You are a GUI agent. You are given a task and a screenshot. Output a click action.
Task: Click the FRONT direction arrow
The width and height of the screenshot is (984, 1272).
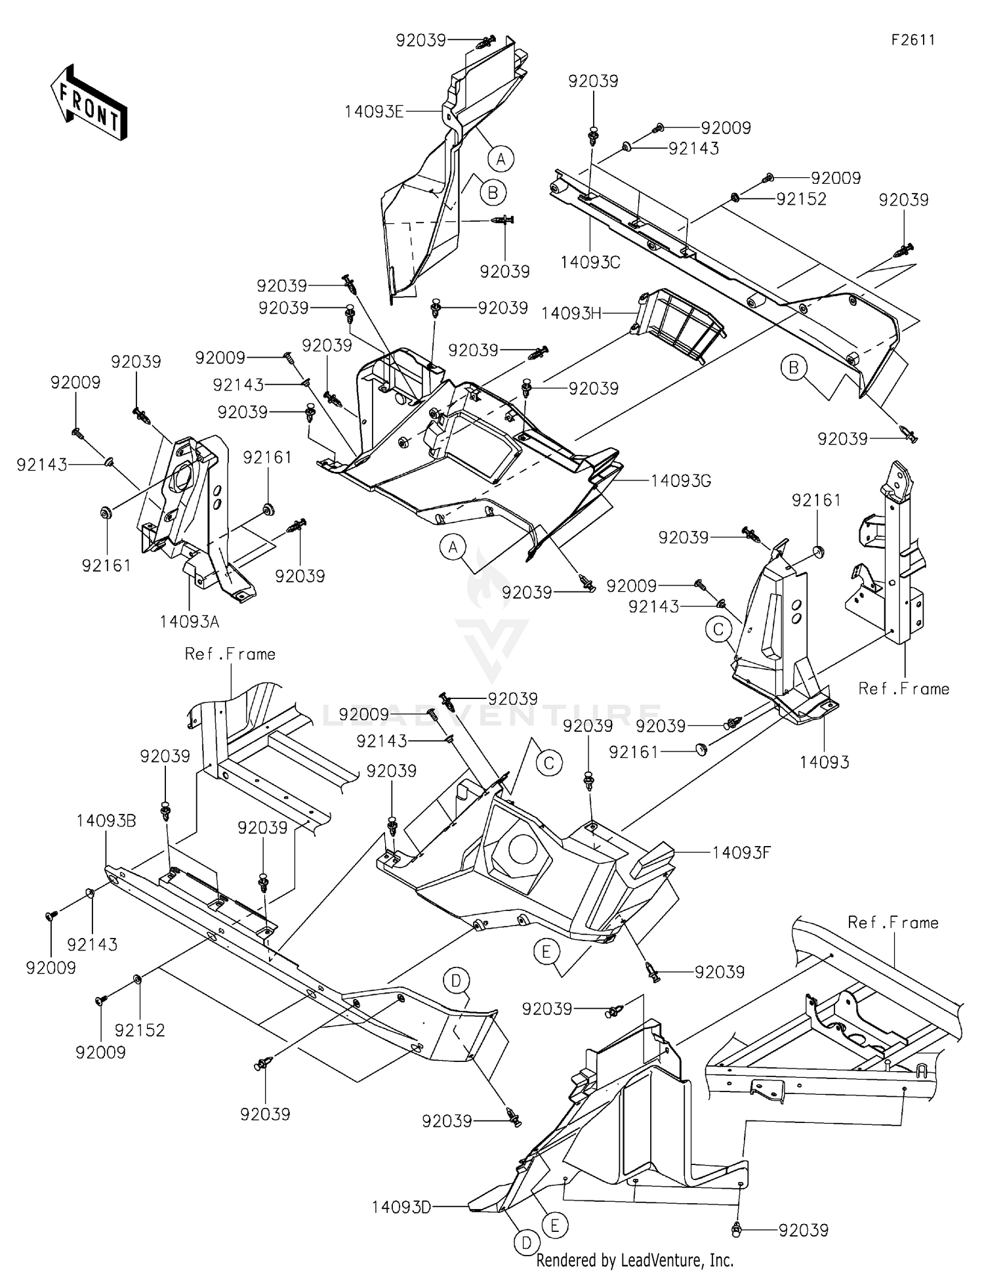click(88, 104)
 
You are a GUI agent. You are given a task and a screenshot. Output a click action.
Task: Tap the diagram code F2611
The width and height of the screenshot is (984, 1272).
click(912, 40)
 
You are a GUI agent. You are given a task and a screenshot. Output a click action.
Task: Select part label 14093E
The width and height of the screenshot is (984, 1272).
click(374, 112)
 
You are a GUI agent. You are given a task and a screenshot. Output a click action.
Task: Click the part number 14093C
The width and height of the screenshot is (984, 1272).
click(590, 263)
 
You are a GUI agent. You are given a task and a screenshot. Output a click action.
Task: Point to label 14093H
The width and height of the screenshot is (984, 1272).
click(571, 314)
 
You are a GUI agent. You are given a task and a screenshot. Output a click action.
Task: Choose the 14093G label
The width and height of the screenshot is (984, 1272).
click(681, 481)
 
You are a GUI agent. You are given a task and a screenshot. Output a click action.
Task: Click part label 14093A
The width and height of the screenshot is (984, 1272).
click(189, 621)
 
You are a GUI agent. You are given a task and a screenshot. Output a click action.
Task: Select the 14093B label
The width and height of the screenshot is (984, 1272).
click(106, 821)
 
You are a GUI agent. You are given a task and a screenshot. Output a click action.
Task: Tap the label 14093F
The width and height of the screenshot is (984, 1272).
click(741, 853)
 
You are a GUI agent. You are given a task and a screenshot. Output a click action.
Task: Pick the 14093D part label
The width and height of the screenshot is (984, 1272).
click(401, 1207)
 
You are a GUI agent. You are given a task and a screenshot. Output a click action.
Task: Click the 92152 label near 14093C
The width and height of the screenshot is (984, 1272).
click(801, 199)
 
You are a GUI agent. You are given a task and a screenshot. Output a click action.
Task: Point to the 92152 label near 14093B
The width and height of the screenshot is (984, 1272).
click(140, 1030)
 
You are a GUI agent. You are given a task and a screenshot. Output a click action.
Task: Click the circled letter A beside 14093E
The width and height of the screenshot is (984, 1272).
click(501, 159)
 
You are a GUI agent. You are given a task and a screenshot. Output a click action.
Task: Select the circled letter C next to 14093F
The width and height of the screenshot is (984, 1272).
click(549, 763)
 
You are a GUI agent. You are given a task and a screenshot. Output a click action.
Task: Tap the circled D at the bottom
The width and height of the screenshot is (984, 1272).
click(526, 1242)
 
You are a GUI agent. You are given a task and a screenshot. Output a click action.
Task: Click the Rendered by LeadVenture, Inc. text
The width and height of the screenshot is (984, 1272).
click(634, 1260)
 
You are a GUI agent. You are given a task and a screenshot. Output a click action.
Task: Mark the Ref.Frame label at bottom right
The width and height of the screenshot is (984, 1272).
click(893, 923)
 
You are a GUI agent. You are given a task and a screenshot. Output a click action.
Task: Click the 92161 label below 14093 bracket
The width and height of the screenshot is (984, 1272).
click(633, 752)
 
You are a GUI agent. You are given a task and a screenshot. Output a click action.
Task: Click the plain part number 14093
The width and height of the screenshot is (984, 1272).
click(825, 762)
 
